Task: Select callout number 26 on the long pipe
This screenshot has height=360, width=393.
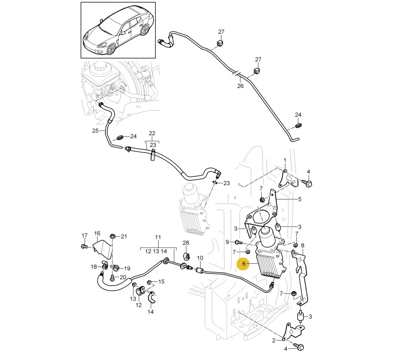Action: [240, 86]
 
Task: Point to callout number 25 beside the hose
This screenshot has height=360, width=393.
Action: [95, 131]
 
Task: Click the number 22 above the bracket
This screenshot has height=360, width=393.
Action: [152, 133]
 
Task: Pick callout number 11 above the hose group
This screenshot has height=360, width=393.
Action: [158, 237]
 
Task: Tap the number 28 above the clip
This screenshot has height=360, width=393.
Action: [186, 243]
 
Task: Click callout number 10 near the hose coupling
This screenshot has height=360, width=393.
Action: [200, 258]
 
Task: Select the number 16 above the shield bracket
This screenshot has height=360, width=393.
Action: [97, 233]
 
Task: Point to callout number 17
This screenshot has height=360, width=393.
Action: [84, 235]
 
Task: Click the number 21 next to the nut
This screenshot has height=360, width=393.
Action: [123, 237]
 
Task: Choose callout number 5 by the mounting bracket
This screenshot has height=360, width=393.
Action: [300, 199]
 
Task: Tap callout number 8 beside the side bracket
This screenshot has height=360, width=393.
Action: [302, 245]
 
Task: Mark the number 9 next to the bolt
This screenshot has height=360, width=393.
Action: [227, 242]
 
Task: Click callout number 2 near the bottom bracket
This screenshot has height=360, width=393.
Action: [274, 341]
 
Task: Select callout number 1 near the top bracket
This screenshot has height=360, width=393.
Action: [285, 160]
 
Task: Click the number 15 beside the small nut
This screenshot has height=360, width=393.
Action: [161, 282]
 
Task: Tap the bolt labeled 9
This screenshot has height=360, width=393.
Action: [238, 242]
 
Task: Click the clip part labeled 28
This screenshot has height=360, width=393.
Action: [187, 255]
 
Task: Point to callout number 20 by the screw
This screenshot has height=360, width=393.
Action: [123, 277]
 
